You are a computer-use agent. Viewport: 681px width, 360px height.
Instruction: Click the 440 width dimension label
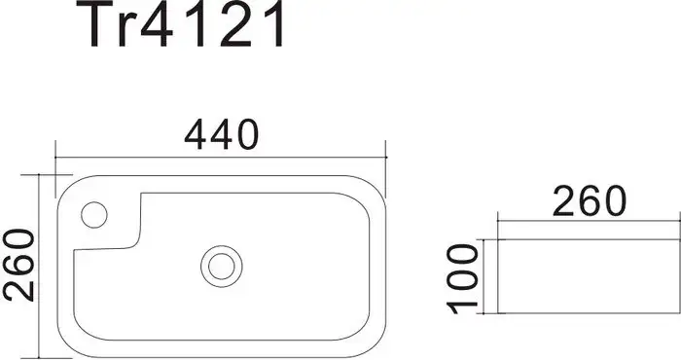click(222, 134)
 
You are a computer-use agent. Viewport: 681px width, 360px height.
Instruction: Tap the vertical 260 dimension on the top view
click(18, 265)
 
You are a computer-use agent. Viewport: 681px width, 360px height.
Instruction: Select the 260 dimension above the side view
click(590, 200)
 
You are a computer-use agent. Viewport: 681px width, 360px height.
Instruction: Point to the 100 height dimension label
click(462, 278)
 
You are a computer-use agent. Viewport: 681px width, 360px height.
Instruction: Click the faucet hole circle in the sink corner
click(94, 214)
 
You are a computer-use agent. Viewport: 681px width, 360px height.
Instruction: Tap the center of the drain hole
click(222, 267)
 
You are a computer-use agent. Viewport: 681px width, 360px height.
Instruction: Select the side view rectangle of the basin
click(589, 276)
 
